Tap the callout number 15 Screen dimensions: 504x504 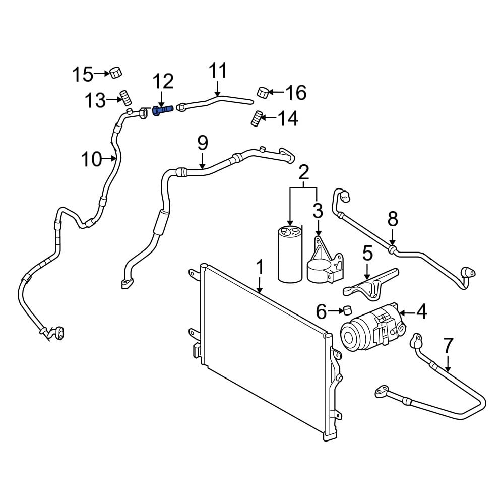(82, 75)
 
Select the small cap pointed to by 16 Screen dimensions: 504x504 (262, 92)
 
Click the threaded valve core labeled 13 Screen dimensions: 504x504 (124, 97)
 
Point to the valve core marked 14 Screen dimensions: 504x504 (257, 119)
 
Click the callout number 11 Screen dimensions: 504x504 (218, 71)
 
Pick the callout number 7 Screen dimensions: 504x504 (448, 346)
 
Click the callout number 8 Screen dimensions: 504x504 (393, 219)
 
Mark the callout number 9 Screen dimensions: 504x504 (202, 143)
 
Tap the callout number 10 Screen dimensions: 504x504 (92, 159)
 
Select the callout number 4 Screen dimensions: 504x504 (421, 312)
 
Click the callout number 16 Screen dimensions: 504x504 (296, 93)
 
